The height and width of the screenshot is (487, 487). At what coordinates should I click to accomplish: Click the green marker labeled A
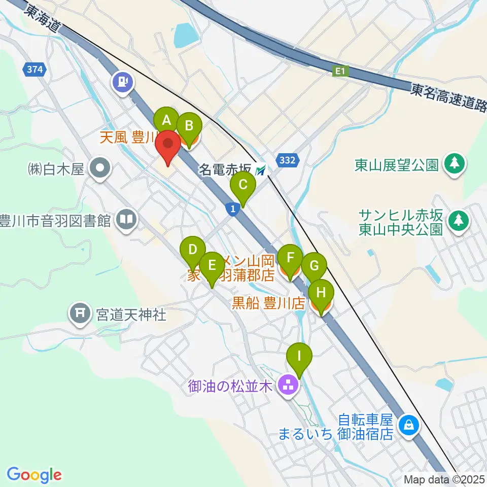166,121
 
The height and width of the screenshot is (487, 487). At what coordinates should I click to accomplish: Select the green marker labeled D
193,250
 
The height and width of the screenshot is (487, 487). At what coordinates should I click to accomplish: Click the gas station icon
123,81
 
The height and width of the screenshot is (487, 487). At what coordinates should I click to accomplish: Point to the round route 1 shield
232,208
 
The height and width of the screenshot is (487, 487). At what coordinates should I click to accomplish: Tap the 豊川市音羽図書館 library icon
126,220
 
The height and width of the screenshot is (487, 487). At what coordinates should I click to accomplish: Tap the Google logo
34,474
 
